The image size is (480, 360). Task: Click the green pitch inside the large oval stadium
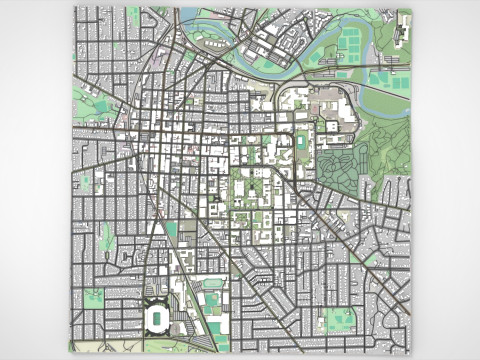157,319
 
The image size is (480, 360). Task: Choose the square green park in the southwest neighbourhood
93,297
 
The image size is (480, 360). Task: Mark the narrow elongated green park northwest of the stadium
105,237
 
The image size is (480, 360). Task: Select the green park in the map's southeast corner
340,321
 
